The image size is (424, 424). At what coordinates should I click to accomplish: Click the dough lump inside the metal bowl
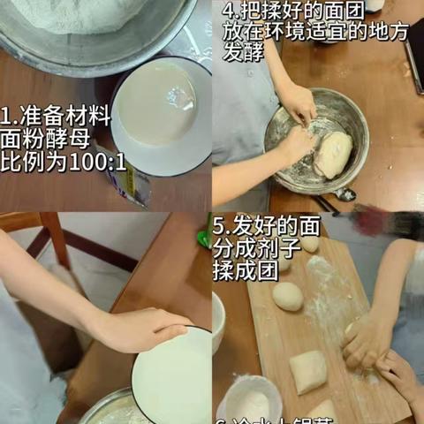click(x=334, y=154)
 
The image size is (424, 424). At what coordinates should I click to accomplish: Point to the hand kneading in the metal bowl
click(x=299, y=141)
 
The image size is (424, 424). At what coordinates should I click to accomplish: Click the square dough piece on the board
click(x=308, y=371)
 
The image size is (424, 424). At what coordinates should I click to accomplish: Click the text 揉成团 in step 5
click(x=241, y=265)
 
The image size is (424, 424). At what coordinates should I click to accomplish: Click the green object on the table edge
click(x=204, y=237)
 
